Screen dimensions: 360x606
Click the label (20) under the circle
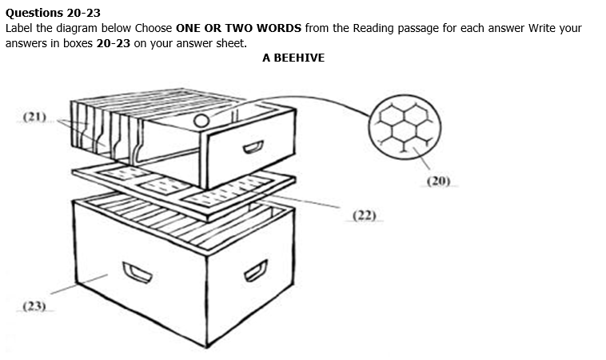(438, 181)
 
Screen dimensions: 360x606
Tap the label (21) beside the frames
(34, 117)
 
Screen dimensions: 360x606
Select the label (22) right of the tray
(364, 215)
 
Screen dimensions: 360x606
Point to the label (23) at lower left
(34, 306)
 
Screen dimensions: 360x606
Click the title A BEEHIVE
(293, 58)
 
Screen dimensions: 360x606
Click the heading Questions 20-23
(53, 12)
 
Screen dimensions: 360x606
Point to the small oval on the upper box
(202, 122)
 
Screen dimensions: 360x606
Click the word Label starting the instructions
(20, 27)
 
